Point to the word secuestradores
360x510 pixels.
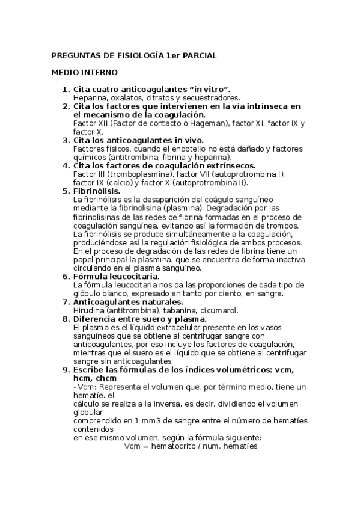point(212,97)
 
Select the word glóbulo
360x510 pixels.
point(86,293)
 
